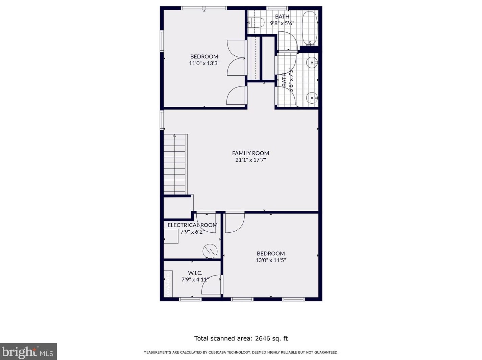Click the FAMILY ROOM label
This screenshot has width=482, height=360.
click(250, 153)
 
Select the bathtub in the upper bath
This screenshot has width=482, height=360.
click(310, 28)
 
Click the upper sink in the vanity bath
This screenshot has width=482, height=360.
click(312, 62)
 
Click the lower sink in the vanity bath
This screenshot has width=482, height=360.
click(312, 98)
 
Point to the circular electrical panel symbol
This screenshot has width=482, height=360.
click(210, 251)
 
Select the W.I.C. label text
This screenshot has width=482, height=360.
click(195, 273)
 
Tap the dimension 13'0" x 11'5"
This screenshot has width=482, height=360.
click(270, 260)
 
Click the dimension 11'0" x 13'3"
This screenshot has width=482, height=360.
click(204, 63)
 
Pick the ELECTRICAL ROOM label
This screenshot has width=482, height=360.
click(192, 225)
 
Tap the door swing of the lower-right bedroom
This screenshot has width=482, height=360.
click(235, 223)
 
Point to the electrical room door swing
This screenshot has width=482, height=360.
click(206, 223)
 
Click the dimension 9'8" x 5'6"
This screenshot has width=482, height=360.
click(282, 23)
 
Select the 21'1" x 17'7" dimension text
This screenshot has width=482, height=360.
click(250, 160)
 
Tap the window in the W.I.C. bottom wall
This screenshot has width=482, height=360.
click(190, 299)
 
